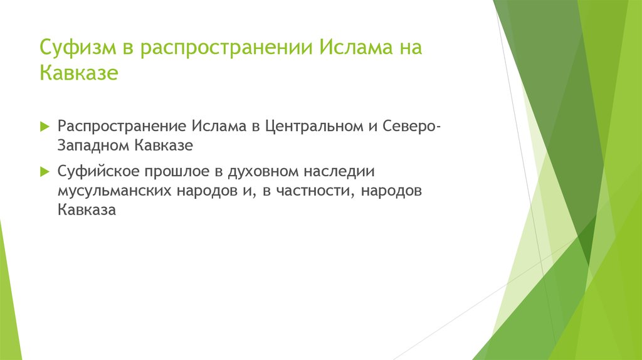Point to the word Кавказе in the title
[79, 73]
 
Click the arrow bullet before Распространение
[44, 125]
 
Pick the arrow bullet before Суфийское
[44, 171]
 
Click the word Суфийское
[98, 171]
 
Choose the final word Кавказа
[87, 211]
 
